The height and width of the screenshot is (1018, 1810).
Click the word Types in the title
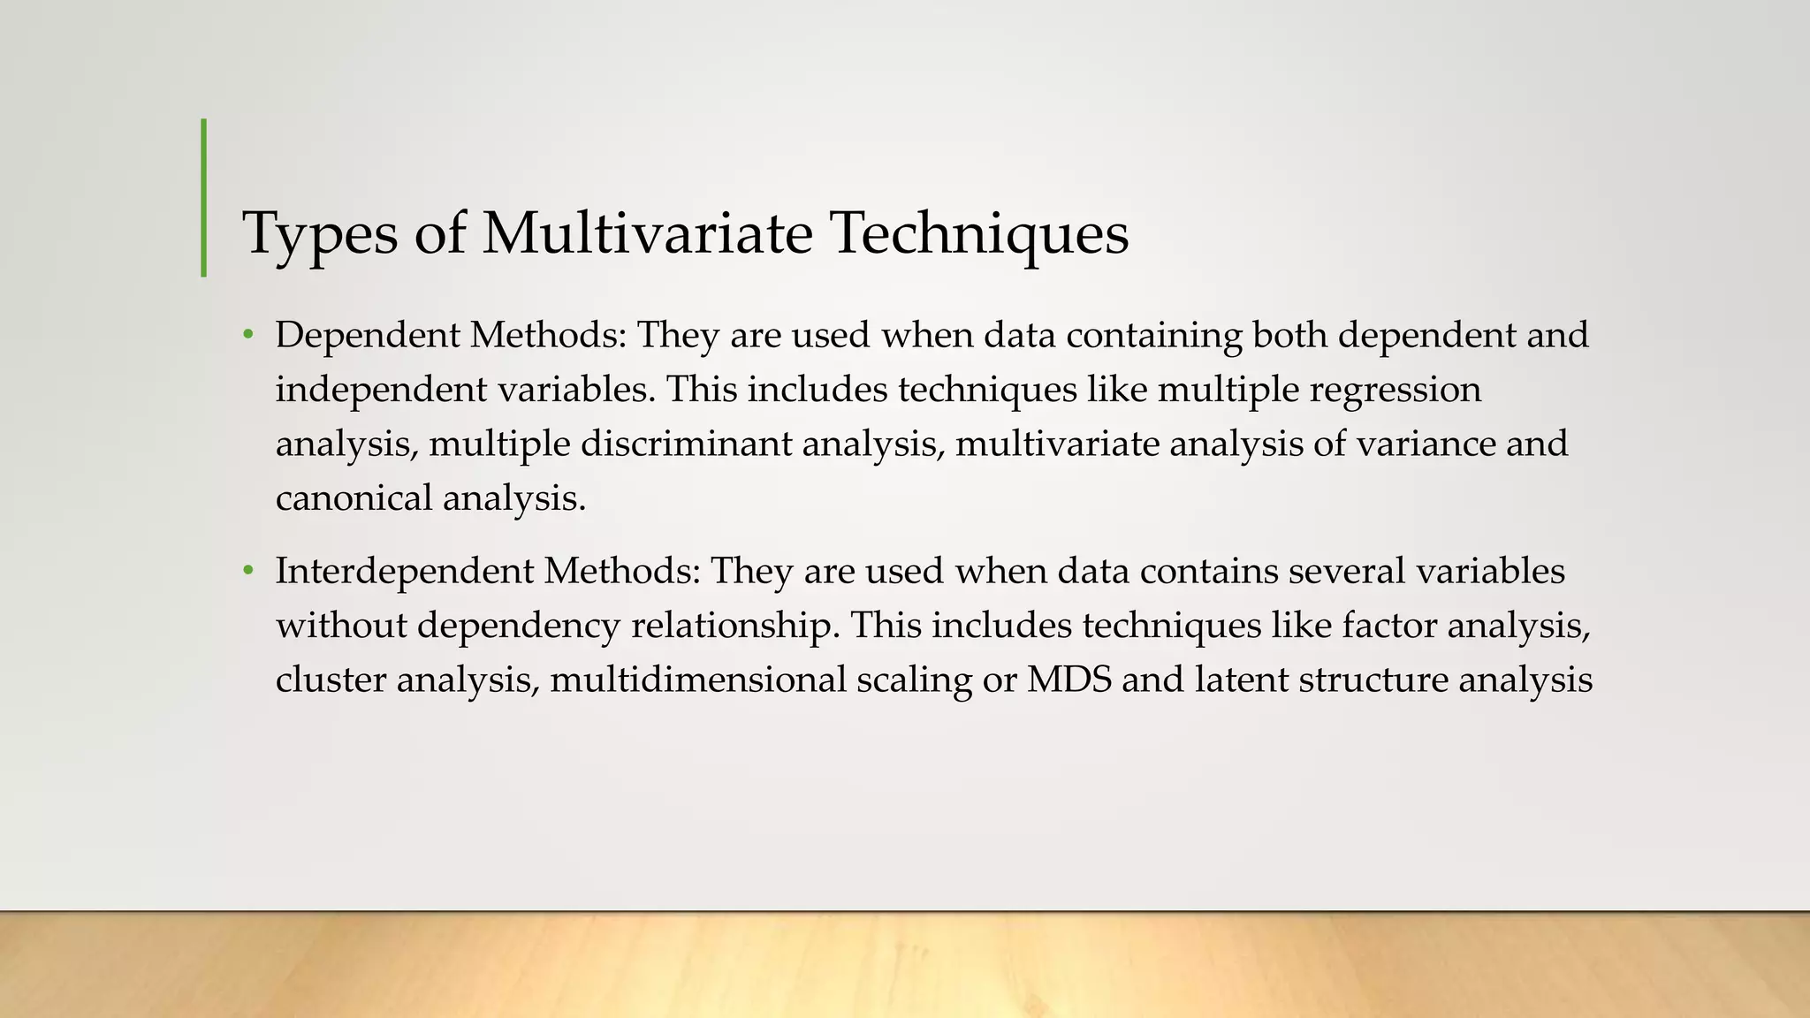click(x=319, y=234)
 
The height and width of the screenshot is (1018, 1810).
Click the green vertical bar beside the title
click(x=204, y=198)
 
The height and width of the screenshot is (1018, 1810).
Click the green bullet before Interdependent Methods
click(x=248, y=572)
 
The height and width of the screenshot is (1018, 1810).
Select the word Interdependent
click(x=404, y=572)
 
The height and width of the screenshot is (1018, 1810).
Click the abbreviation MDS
click(x=1069, y=680)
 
